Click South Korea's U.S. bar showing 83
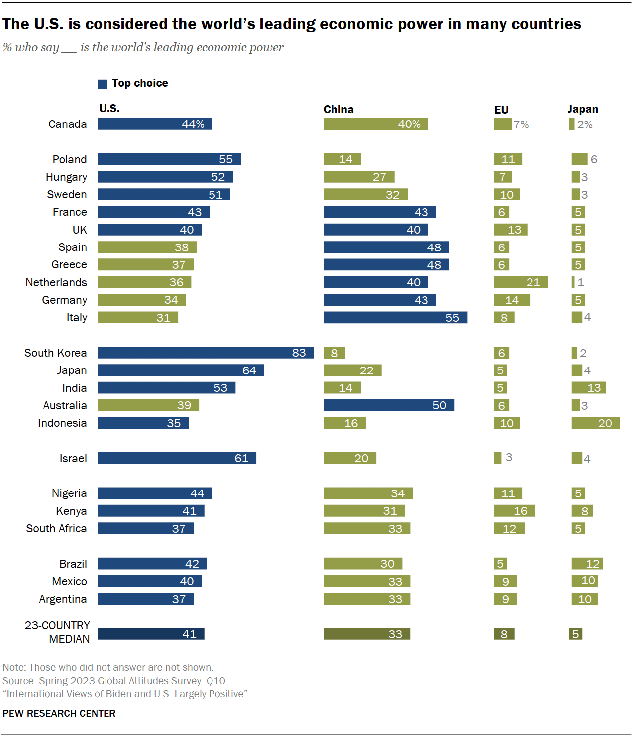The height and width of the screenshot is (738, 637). click(205, 353)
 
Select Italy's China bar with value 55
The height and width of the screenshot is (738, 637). click(395, 317)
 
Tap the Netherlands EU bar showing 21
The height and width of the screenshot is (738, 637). click(521, 282)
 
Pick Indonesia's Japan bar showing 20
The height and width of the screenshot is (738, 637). click(595, 423)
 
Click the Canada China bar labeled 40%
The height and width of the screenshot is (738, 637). click(376, 124)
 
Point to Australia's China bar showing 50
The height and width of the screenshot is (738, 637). click(389, 405)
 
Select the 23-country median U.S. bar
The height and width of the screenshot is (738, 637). click(151, 634)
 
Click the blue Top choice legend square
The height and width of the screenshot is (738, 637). click(103, 84)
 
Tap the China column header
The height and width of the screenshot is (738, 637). click(338, 110)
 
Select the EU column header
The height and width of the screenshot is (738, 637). click(501, 110)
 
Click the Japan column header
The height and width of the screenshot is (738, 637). click(582, 109)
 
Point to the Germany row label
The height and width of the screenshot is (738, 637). click(64, 300)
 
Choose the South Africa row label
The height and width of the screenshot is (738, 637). click(56, 528)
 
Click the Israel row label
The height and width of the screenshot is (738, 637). click(73, 458)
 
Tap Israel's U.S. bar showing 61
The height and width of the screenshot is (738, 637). click(177, 458)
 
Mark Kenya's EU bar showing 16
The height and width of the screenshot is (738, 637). click(514, 511)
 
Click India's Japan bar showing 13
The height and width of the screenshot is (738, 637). click(588, 388)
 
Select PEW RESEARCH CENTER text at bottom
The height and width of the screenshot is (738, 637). click(59, 713)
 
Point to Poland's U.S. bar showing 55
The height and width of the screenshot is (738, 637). click(169, 159)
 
